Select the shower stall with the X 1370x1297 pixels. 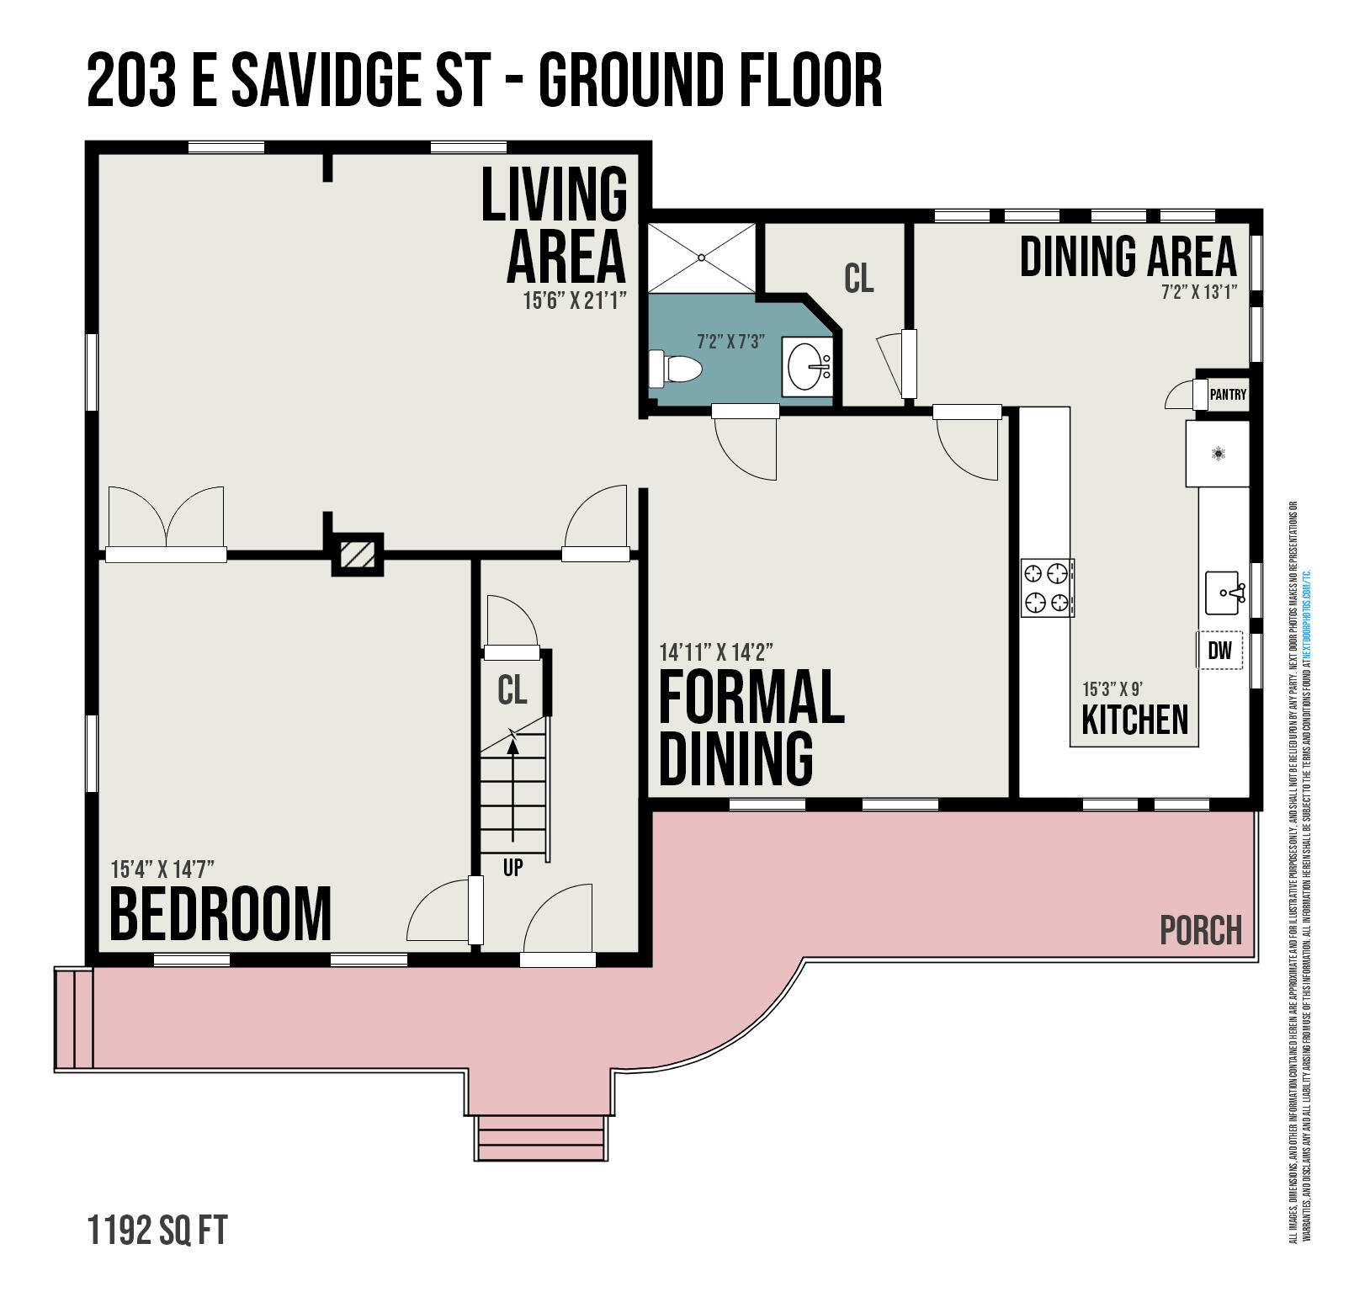coord(701,257)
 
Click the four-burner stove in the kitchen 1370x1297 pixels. coord(1047,587)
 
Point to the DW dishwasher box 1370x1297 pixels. coord(1219,650)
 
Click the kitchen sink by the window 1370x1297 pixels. coord(1224,593)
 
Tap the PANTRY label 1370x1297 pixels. coord(1227,394)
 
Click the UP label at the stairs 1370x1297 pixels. coord(512,867)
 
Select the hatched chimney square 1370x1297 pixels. coord(358,554)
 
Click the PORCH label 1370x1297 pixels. coord(1200,930)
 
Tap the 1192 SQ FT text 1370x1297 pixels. coord(157,1231)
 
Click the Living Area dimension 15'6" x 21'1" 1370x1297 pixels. coord(575,300)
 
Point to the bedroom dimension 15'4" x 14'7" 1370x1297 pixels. coord(163,869)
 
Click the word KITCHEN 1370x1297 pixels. coord(1134,720)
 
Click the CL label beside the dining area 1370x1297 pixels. coord(858,278)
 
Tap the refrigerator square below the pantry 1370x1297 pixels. coord(1218,454)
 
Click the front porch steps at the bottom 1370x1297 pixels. coord(541,1139)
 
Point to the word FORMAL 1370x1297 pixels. coord(751,697)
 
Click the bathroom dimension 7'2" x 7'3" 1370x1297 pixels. coord(730,342)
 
